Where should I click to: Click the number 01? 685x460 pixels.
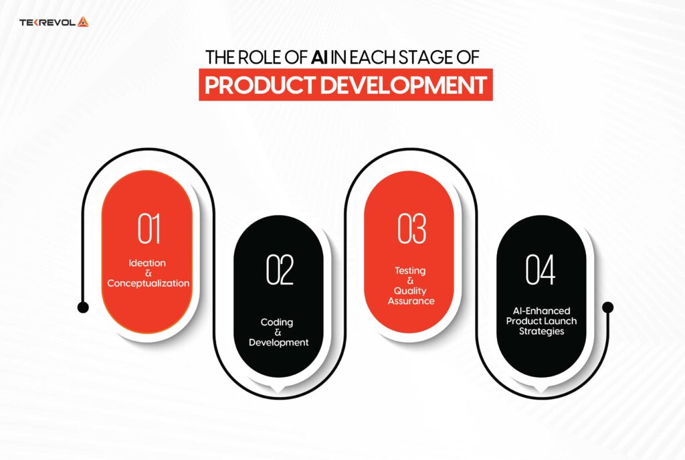tap(149, 228)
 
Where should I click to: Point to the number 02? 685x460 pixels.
tap(280, 271)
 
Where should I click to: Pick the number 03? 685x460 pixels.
tap(411, 228)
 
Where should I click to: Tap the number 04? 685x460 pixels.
tap(542, 271)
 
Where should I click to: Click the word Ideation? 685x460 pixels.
tap(149, 262)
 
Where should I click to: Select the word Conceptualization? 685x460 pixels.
tap(149, 283)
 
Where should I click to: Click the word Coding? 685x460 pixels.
tap(277, 322)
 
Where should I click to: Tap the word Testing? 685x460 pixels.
tap(410, 271)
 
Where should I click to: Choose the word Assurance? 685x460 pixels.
tap(411, 301)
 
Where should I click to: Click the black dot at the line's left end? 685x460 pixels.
tap(83, 307)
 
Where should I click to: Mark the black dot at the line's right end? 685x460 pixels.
tap(607, 307)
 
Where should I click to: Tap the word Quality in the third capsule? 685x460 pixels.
tap(411, 291)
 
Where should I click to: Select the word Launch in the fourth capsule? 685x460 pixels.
tap(557, 321)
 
